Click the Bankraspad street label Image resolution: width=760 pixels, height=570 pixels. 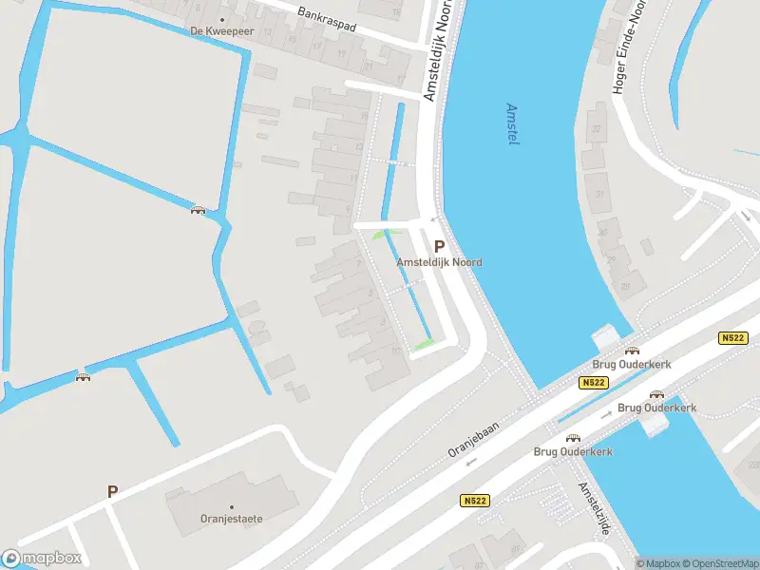tap(326, 20)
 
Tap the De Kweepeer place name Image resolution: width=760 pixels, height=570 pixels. tap(222, 31)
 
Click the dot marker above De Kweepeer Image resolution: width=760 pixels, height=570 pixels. tap(222, 19)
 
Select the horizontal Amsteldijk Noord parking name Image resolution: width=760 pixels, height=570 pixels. tap(439, 262)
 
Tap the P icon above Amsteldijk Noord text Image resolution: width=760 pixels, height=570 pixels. tap(439, 245)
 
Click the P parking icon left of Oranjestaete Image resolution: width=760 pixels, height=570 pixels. tap(112, 492)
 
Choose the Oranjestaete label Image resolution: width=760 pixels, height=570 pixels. tap(231, 519)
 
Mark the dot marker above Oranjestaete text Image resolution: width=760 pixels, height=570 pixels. tap(231, 506)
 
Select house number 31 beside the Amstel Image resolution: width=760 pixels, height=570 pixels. tap(599, 194)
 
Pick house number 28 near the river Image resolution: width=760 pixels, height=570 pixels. tap(625, 285)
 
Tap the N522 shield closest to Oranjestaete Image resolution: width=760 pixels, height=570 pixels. tap(476, 501)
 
